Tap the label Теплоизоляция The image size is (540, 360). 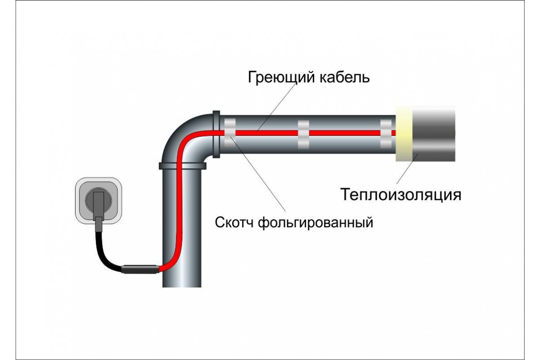(400, 195)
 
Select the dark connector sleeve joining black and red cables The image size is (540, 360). (140, 269)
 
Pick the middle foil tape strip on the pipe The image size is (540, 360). (303, 134)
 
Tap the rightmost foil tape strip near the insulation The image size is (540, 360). (386, 134)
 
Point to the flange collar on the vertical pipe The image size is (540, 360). (182, 165)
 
